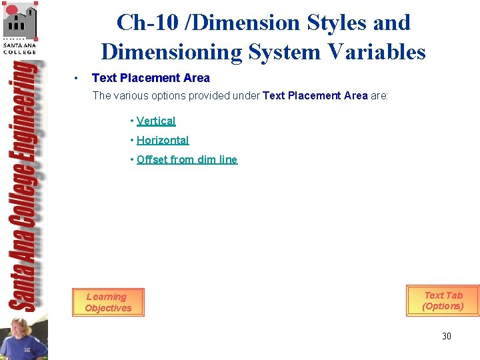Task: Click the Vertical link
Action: (156, 121)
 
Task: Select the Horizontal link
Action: (163, 141)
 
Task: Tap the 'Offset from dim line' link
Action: (187, 160)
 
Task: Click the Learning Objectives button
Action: (108, 303)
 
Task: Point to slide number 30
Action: (446, 336)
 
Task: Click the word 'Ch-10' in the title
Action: (145, 23)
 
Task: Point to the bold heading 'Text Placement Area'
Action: (151, 78)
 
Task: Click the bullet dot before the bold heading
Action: (78, 78)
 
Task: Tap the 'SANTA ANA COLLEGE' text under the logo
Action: (20, 48)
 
